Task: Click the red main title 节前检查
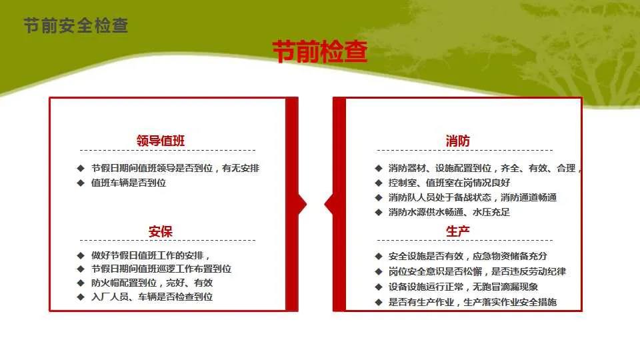[x=320, y=52]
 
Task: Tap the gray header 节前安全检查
[x=76, y=25]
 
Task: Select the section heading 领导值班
[x=161, y=141]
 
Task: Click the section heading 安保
[x=161, y=231]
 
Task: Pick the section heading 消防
[x=457, y=141]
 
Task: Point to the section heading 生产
[x=457, y=231]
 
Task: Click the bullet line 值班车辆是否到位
[x=129, y=183]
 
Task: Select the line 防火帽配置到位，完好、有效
[x=152, y=283]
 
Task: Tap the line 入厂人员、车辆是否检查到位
[x=152, y=297]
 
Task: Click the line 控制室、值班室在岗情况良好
[x=449, y=183]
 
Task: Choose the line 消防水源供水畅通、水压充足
[x=449, y=212]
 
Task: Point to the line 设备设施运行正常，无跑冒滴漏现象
[x=463, y=287]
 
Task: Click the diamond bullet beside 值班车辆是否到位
[x=81, y=183]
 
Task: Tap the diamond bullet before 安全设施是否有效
[x=379, y=256]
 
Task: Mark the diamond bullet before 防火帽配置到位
[x=81, y=283]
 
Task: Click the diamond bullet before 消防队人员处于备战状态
[x=379, y=197]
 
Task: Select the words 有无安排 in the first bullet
[x=241, y=168]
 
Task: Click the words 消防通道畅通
[x=529, y=197]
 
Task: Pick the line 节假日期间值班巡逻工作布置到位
[x=161, y=269]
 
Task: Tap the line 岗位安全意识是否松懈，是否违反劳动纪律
[x=477, y=271]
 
